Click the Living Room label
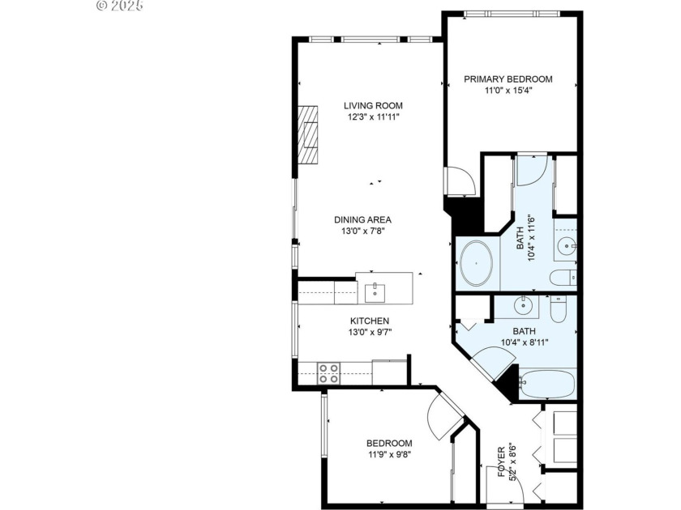point(373,105)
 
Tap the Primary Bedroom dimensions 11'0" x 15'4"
point(508,91)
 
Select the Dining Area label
point(363,219)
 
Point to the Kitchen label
point(370,321)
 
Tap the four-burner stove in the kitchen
point(328,373)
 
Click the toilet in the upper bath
point(563,278)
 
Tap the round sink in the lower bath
point(524,305)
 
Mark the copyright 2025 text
point(119,6)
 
